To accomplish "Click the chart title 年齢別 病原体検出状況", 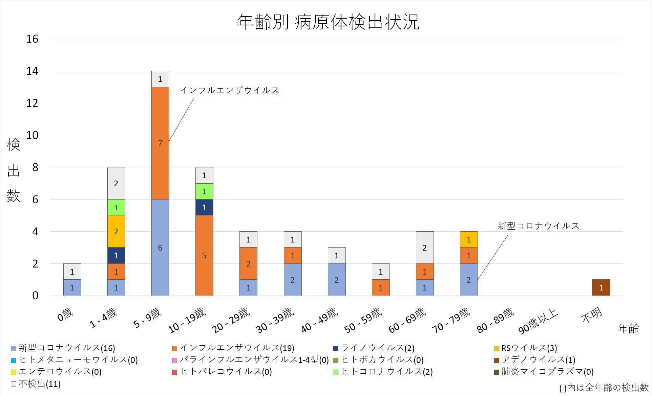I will click(x=328, y=22).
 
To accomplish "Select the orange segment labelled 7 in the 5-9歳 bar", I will click(x=160, y=143).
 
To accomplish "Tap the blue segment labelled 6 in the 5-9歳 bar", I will click(x=160, y=248).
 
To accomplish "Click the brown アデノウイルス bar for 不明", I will click(x=601, y=287).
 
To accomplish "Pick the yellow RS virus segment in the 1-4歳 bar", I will click(x=116, y=231).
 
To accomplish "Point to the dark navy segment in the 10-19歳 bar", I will click(x=204, y=207).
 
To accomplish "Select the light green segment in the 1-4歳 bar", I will click(x=116, y=207).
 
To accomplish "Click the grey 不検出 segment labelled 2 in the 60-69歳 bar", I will click(x=425, y=248).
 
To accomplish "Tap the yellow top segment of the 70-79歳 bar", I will click(x=469, y=239).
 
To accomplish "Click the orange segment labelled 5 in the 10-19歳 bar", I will click(x=204, y=255).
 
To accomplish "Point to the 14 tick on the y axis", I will click(x=33, y=71).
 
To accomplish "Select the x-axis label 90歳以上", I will click(x=538, y=321).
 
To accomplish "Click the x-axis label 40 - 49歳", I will click(x=319, y=320).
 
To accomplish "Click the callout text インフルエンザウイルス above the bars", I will click(x=230, y=90).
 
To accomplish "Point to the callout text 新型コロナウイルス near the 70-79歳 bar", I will click(x=538, y=226).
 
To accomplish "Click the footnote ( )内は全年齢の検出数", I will click(x=604, y=388).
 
